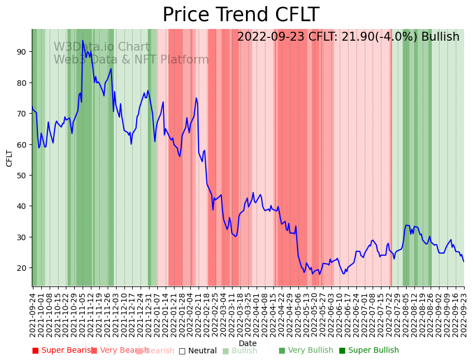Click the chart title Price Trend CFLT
[240, 15]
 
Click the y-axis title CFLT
[9, 158]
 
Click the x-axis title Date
[248, 343]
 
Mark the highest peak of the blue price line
[83, 41]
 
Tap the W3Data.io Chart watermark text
[102, 47]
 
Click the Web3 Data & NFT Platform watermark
[131, 60]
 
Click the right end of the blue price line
[464, 262]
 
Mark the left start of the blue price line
[32, 106]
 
